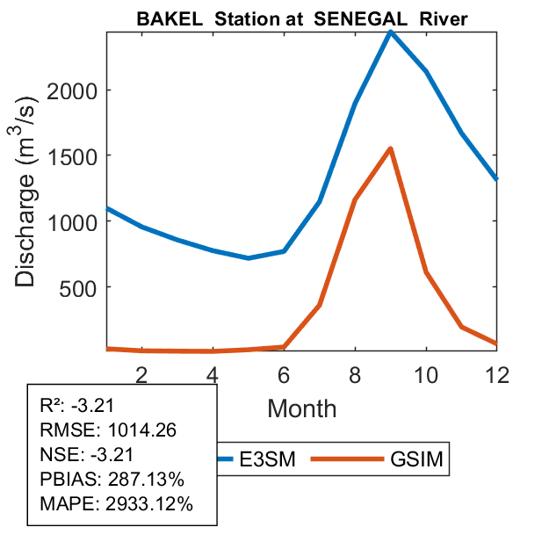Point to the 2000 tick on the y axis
tap(78, 90)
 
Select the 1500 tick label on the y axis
tap(78, 155)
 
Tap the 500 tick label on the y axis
tap(84, 287)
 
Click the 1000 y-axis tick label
tap(78, 221)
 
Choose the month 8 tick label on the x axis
tap(354, 374)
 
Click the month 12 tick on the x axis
tap(496, 374)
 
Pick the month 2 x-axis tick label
tap(141, 374)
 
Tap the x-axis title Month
tap(301, 408)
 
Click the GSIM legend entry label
tap(413, 459)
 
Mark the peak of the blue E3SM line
tap(390, 32)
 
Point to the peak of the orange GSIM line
tap(390, 148)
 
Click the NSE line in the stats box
tap(88, 455)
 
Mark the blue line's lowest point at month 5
tap(249, 257)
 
